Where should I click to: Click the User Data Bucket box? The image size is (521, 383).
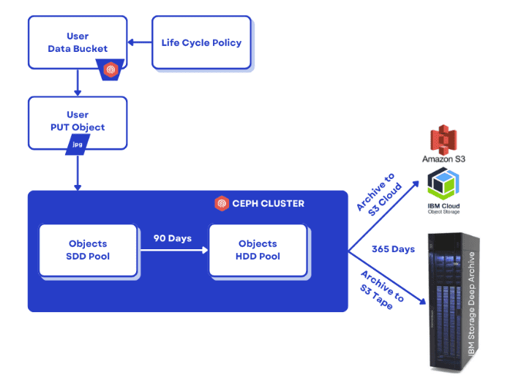point(77,42)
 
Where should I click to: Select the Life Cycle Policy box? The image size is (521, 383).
point(201,42)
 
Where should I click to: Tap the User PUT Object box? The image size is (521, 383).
point(77,121)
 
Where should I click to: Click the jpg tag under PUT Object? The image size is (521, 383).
point(78,146)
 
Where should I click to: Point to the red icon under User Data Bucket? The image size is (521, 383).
point(110,70)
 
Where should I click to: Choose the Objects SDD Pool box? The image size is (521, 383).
point(88,250)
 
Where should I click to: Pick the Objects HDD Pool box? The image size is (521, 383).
point(258,250)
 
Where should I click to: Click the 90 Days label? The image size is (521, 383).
point(172,238)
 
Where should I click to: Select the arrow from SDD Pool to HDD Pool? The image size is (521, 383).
point(173,250)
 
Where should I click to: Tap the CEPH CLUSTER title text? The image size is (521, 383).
point(269,203)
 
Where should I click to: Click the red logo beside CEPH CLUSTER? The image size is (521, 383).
point(222,203)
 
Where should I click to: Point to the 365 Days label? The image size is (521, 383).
point(393,249)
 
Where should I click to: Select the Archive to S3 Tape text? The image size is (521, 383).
point(381,290)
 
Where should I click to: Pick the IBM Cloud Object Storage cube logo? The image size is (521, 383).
point(443,183)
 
